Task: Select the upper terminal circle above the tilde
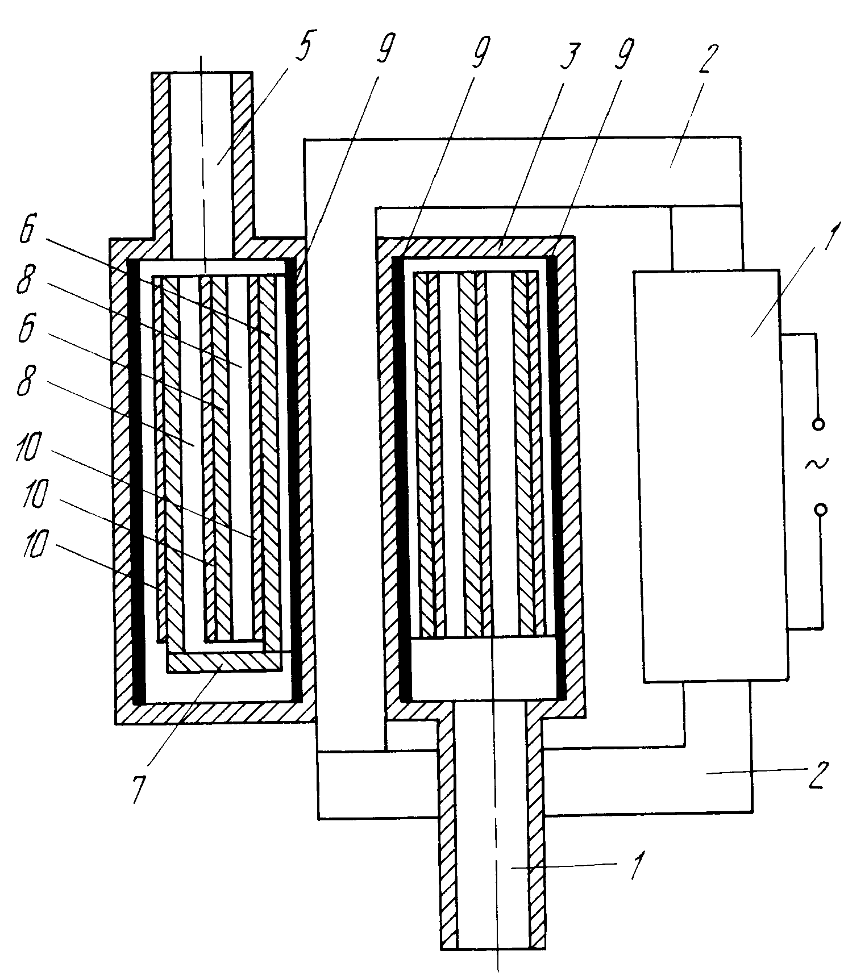tap(818, 424)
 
